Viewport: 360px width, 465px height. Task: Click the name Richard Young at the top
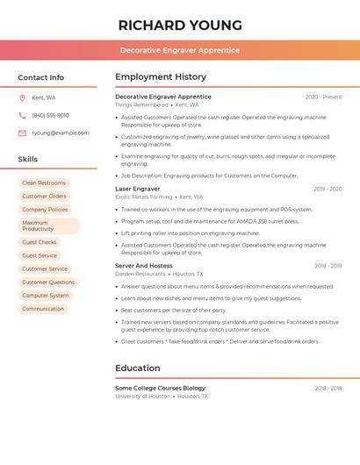coord(180,25)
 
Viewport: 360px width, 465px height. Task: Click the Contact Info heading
coord(40,77)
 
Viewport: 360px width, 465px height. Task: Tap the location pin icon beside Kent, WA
coord(22,97)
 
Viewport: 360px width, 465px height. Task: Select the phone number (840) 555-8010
coord(50,115)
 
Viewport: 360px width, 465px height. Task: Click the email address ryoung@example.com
coord(61,133)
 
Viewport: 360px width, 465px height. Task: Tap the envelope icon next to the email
coord(22,133)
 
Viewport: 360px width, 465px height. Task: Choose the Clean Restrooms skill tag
coord(44,182)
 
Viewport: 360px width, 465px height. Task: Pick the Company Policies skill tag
coord(45,210)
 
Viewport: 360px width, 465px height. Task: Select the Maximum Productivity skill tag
coord(48,225)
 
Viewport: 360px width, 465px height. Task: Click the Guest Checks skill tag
coord(40,242)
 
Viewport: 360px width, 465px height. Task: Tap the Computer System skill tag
coord(46,296)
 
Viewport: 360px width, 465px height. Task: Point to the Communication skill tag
coord(43,309)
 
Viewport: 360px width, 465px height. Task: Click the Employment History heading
coord(161,77)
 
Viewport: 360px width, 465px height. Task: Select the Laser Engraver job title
coord(138,189)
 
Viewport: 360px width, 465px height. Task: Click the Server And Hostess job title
coord(144,265)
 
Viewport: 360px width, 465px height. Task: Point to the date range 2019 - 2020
coord(328,189)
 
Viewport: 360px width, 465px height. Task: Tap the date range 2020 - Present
coord(323,97)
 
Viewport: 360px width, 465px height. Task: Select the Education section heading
coord(138,368)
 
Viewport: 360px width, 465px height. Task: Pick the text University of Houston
coord(142,396)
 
